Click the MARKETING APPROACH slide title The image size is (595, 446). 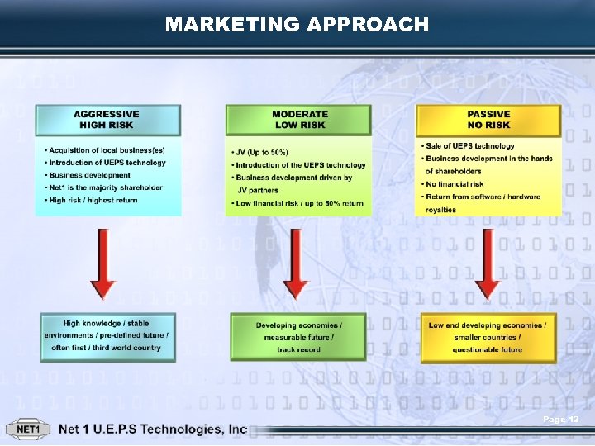click(297, 25)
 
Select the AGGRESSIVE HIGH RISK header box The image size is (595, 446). click(107, 120)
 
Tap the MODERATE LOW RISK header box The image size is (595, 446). click(299, 120)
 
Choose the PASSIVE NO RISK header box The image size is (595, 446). click(488, 120)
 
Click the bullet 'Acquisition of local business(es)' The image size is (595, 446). click(107, 150)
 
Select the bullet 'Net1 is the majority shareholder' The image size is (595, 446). click(105, 187)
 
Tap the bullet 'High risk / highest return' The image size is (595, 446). click(93, 200)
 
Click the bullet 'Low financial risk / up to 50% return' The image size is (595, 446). click(299, 203)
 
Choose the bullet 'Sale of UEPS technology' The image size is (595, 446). click(469, 146)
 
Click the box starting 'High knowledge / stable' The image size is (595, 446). click(107, 335)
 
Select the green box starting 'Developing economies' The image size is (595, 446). click(298, 337)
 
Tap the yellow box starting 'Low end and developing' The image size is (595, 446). click(488, 337)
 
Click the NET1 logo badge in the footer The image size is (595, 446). click(28, 429)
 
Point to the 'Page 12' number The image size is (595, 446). click(561, 420)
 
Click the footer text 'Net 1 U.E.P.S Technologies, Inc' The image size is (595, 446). click(153, 429)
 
